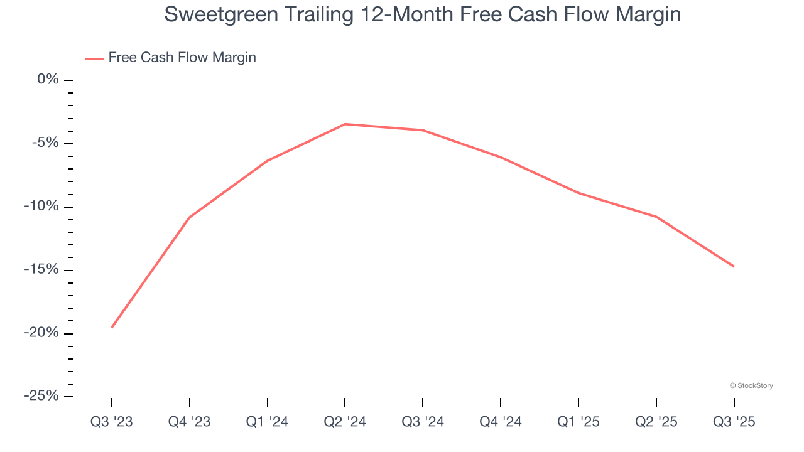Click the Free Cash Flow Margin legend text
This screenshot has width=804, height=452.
pos(182,58)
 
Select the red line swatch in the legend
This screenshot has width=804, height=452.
pos(94,58)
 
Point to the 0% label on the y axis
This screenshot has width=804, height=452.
pos(48,79)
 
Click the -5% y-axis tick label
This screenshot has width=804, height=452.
pos(45,143)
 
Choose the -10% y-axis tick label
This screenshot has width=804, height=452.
pos(41,206)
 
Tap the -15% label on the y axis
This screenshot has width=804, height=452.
pos(41,269)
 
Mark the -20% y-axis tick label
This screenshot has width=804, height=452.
pos(41,333)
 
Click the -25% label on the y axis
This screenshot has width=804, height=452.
pos(41,396)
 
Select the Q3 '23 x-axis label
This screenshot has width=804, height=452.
pos(112,422)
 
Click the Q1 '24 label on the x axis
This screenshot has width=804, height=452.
pos(268,422)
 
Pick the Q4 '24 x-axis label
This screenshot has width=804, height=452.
pos(501,422)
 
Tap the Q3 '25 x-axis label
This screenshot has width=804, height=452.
pos(734,422)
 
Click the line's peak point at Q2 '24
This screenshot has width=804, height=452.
pos(345,124)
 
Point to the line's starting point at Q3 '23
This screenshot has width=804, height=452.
pos(112,327)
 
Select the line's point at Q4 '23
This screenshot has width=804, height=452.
pos(190,217)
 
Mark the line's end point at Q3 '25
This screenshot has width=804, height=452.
pos(734,266)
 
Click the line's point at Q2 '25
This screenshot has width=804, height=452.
pos(656,217)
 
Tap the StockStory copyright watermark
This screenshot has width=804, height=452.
pos(751,385)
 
